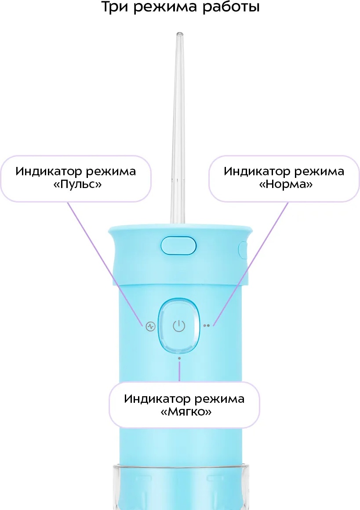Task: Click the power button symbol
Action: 179,326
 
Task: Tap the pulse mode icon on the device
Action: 151,326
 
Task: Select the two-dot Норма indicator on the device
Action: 206,325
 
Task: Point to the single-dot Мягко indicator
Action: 179,358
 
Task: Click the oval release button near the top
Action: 178,246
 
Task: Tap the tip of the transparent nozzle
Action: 179,33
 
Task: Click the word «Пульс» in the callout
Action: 77,184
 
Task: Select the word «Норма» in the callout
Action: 286,184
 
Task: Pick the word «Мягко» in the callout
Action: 186,412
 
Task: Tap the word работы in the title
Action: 231,7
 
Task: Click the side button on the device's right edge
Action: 243,250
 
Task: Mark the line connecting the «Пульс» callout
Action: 105,264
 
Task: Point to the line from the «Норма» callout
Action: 251,264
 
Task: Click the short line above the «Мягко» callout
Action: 179,371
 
